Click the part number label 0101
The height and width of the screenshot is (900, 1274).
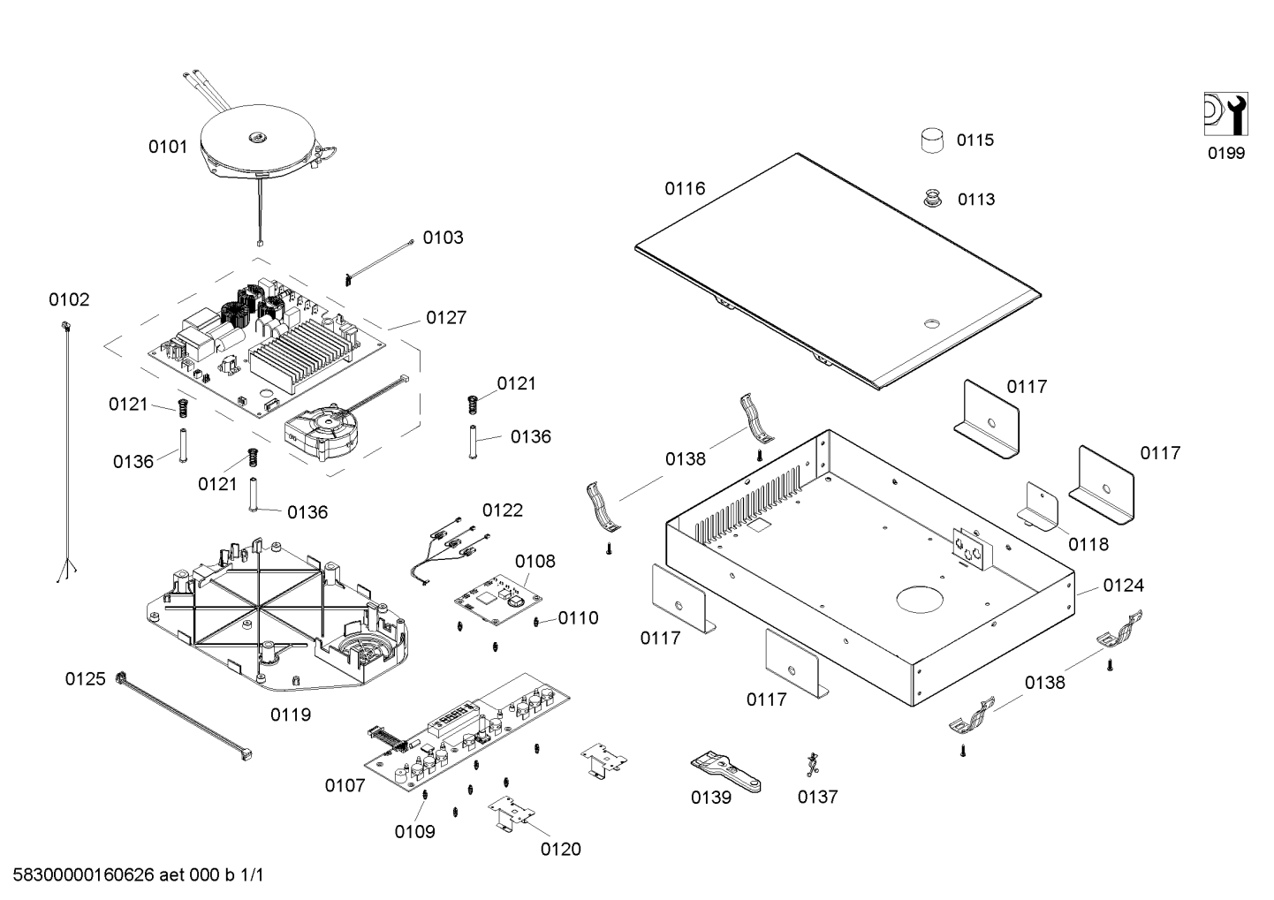(168, 147)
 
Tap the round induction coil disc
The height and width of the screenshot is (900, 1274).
(257, 141)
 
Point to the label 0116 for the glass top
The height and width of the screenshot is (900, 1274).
(685, 188)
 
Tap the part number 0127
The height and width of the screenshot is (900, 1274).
(446, 317)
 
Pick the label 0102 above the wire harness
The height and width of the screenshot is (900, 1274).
(69, 299)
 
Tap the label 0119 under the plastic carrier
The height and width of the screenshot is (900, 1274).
(290, 714)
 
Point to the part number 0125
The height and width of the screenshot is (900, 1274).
(85, 678)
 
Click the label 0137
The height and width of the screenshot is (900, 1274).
(817, 797)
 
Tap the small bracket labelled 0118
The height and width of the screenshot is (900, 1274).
(1040, 507)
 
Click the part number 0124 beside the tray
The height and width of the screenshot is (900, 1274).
(1123, 585)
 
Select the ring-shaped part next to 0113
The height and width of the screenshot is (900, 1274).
(932, 199)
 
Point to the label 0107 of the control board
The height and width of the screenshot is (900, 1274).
(345, 784)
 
